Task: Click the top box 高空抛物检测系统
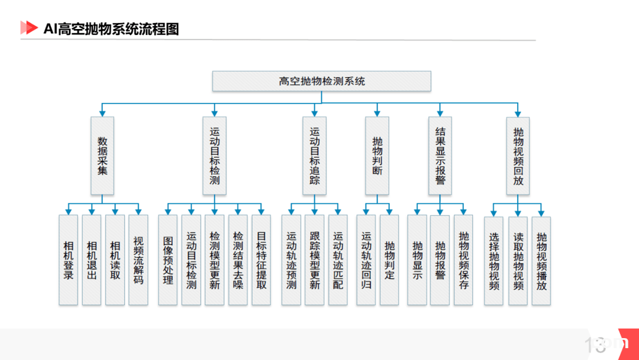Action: [x=321, y=81]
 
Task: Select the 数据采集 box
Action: [x=102, y=156]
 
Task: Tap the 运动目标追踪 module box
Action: [x=314, y=156]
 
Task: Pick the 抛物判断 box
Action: [x=377, y=156]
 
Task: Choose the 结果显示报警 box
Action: [x=440, y=156]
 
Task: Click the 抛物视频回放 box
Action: [x=518, y=156]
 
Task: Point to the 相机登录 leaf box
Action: [x=69, y=260]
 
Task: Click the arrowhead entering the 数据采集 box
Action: [x=102, y=113]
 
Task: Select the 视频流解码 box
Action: [x=138, y=260]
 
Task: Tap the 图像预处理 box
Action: [x=168, y=260]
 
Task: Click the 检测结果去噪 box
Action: [x=238, y=260]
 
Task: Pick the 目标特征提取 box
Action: [x=262, y=260]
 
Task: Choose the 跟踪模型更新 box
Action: [x=315, y=260]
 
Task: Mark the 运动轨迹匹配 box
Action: [x=338, y=260]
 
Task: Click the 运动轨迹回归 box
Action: [x=366, y=260]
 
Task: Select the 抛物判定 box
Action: [x=389, y=260]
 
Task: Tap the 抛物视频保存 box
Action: [x=463, y=260]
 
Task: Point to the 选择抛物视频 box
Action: [x=493, y=261]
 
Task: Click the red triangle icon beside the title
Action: [x=29, y=28]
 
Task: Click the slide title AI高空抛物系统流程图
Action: [x=111, y=29]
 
